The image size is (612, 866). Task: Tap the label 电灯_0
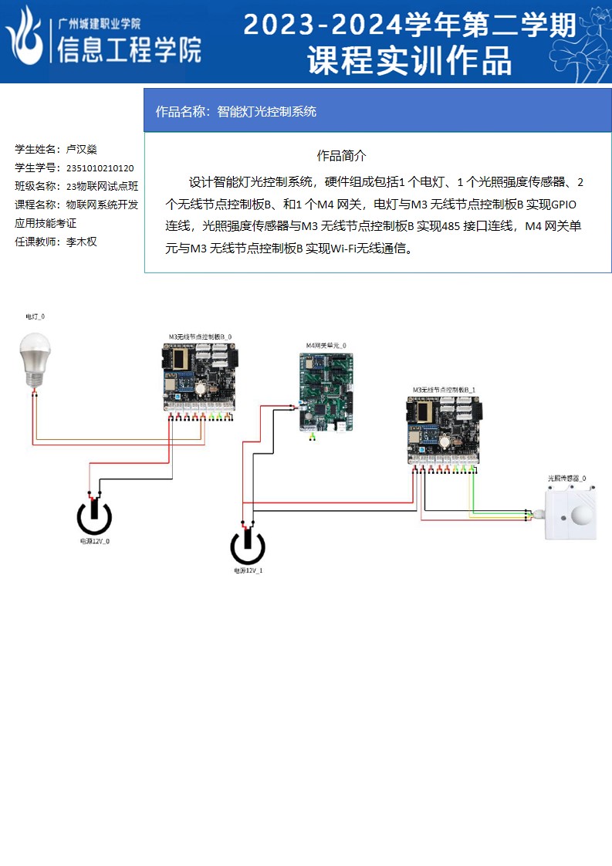coord(36,317)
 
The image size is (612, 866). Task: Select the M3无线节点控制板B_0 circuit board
coord(200,376)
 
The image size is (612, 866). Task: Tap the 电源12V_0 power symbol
coord(94,517)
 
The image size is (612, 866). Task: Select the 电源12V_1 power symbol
coord(247,546)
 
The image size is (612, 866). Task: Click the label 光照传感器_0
coord(567,479)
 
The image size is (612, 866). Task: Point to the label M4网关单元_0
coord(326,345)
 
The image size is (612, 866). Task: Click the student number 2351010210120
coord(100,167)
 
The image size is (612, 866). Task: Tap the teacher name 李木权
coord(82,242)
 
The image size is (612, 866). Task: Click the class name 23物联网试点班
coord(103,186)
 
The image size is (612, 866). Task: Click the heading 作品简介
coord(341,156)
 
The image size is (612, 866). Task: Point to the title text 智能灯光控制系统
coord(267,111)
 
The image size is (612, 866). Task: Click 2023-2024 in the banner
coord(323,25)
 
